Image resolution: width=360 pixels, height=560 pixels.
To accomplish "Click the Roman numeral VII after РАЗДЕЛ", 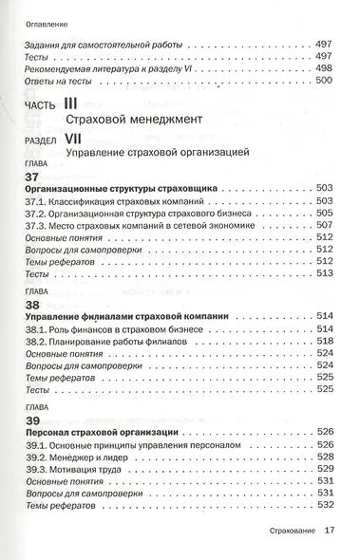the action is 77,138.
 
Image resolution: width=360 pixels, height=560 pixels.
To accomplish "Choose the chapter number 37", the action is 32,177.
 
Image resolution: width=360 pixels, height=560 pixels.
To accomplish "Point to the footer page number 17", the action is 331,532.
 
